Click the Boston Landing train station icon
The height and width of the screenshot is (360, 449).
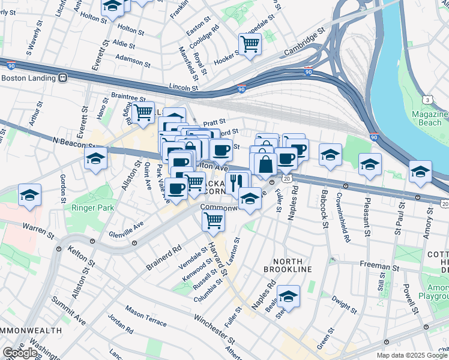[62, 78]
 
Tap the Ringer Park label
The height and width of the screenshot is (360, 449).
[89, 209]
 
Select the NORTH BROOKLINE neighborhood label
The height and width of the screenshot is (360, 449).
[292, 265]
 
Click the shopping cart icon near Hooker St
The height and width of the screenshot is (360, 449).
[250, 43]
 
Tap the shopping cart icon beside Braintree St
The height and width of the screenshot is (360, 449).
[143, 112]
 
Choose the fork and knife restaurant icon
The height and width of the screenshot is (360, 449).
[239, 181]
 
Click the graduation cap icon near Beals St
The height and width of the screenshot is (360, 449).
[289, 296]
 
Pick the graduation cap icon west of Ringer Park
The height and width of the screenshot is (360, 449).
[29, 195]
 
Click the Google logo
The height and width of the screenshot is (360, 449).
[20, 353]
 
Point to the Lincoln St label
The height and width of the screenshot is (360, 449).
[183, 88]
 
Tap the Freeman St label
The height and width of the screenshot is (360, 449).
[380, 265]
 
